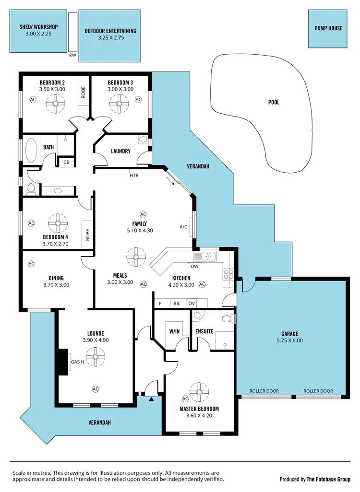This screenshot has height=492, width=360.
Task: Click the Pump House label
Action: click(x=328, y=28)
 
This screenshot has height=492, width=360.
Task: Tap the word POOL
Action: click(x=274, y=102)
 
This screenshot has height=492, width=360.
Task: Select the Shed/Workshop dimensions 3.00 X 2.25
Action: click(x=39, y=35)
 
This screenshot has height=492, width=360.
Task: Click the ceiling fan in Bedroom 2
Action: click(x=56, y=101)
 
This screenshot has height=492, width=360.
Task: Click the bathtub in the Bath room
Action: click(x=31, y=151)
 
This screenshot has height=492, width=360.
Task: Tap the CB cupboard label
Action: click(x=66, y=163)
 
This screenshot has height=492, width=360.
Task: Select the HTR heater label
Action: click(x=134, y=175)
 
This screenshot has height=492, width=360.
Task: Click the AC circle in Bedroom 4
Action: click(x=32, y=223)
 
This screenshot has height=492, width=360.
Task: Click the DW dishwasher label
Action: click(x=194, y=266)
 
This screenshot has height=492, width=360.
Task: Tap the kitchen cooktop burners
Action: click(x=228, y=274)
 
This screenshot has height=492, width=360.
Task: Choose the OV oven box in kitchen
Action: click(x=192, y=304)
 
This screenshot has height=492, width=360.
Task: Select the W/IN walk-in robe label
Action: click(x=174, y=331)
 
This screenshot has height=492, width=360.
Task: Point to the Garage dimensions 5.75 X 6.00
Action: click(x=290, y=341)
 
